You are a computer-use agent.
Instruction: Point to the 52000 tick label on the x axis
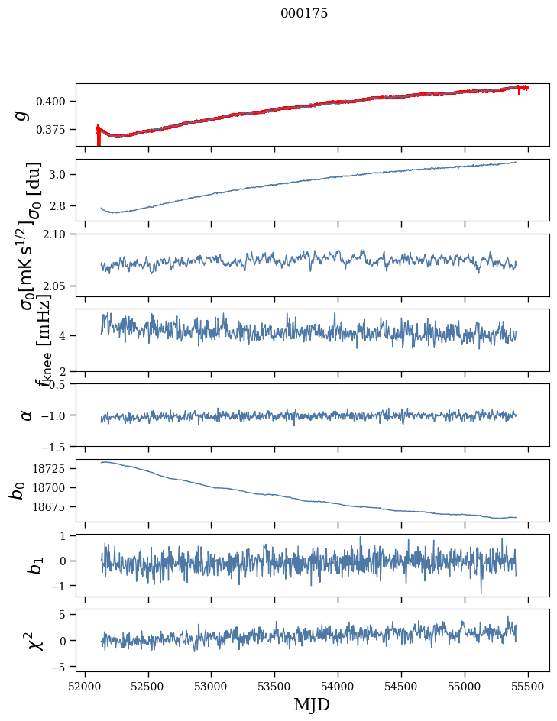click(x=85, y=684)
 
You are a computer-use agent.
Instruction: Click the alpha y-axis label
click(x=27, y=415)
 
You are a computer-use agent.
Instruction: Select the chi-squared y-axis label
click(x=35, y=641)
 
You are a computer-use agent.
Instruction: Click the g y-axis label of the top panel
click(x=23, y=115)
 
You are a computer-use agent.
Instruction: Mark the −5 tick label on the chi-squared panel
click(x=63, y=667)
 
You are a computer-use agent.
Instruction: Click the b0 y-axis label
click(x=17, y=490)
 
